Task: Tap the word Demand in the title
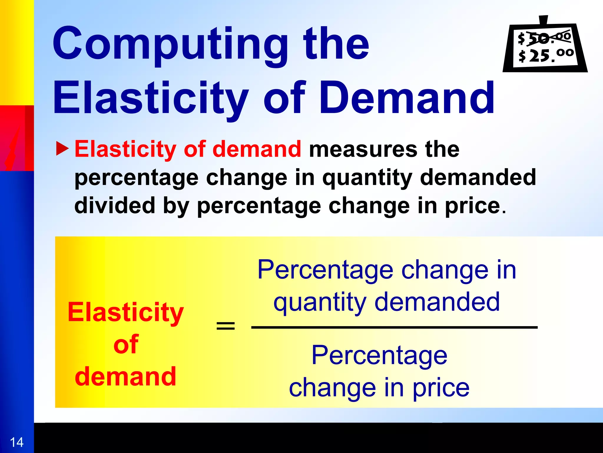[x=406, y=99]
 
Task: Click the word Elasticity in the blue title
[x=150, y=99]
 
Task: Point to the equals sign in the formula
[x=226, y=326]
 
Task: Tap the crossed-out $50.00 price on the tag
[x=545, y=38]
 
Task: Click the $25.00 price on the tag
[x=546, y=55]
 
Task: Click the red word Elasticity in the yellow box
[x=126, y=313]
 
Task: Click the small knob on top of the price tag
[x=544, y=20]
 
